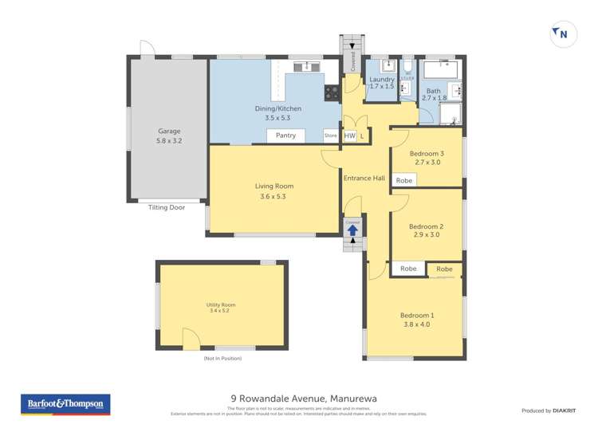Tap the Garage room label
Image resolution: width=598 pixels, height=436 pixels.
(169, 131)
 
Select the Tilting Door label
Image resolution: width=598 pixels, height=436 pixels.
(166, 207)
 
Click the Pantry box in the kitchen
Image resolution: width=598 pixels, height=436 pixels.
(285, 136)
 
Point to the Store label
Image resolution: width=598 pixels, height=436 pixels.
(331, 136)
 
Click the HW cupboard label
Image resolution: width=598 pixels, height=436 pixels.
(349, 136)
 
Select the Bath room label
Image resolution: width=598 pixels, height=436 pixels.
(433, 91)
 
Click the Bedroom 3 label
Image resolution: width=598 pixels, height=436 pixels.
(426, 153)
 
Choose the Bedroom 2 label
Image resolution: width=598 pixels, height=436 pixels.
(426, 226)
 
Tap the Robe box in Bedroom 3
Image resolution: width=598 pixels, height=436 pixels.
(404, 180)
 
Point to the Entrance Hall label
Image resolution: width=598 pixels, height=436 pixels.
(364, 178)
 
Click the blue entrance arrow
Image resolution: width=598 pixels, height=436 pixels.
(353, 230)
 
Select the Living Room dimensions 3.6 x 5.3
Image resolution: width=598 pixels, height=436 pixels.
(273, 196)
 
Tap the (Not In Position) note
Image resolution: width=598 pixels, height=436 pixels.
(222, 359)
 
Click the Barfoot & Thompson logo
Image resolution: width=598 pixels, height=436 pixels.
(65, 404)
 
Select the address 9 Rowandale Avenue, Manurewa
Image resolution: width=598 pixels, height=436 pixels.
(297, 399)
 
